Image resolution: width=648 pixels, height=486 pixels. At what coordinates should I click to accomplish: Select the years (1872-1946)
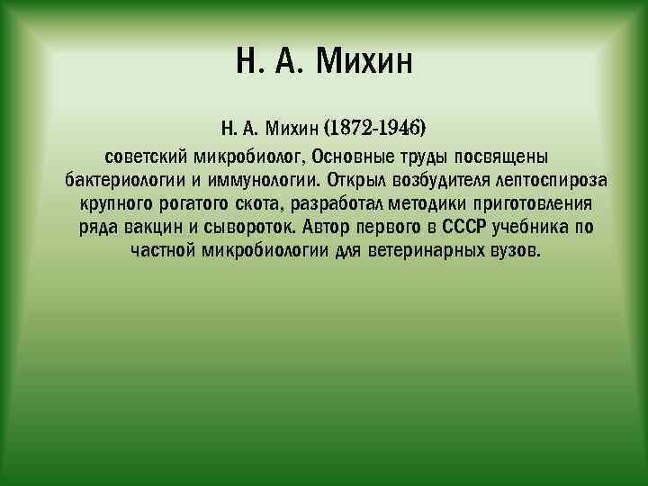374,121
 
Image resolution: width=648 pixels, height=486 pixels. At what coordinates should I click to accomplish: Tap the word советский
144,151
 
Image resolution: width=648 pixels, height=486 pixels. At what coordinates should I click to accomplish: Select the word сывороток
253,225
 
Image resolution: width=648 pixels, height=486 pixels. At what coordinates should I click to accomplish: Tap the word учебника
533,225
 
